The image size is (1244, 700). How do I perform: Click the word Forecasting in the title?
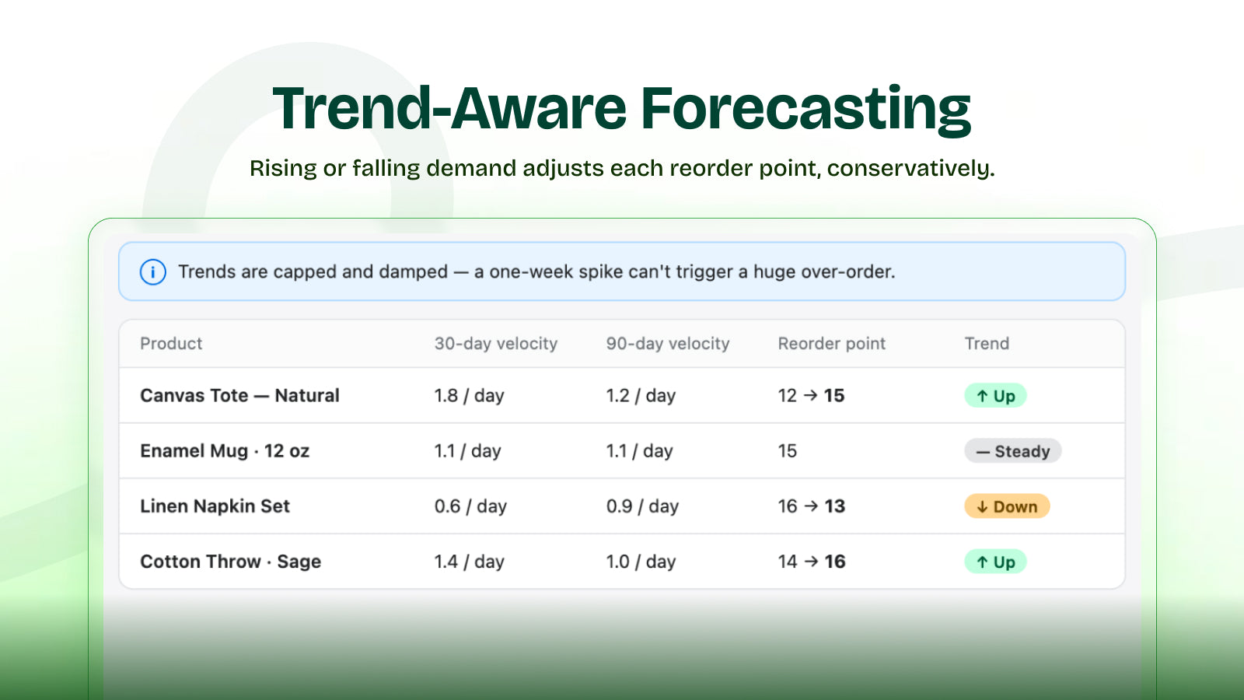tap(805, 109)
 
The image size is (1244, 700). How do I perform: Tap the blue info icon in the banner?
tap(152, 272)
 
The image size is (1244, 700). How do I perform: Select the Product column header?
tap(171, 343)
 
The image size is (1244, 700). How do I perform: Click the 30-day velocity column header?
tap(496, 344)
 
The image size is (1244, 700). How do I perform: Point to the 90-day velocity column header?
tap(668, 344)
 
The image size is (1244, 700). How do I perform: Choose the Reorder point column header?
tap(831, 344)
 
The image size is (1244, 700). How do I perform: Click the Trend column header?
tap(987, 343)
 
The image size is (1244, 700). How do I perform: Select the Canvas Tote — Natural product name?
tap(239, 396)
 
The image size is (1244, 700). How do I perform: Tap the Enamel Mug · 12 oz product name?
tap(225, 451)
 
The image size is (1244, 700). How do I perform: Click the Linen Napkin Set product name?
tap(215, 506)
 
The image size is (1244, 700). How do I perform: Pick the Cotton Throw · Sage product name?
tap(230, 562)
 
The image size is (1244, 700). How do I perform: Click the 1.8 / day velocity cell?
tap(470, 396)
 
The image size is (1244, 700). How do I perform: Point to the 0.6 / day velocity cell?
tap(470, 506)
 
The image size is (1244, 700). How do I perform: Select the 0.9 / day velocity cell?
tap(642, 506)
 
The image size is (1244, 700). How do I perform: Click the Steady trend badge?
tap(1013, 451)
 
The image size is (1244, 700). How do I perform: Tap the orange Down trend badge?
tap(1007, 506)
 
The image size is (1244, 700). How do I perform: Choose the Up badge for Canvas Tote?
tap(995, 396)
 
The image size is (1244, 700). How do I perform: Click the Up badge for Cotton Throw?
tap(995, 562)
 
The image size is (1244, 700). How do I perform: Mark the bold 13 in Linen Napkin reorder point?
tap(835, 506)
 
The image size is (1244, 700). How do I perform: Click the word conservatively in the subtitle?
tap(910, 168)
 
